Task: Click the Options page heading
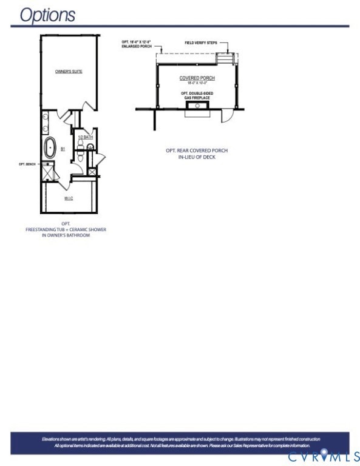47,15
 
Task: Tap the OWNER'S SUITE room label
69,72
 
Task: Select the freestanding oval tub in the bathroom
50,147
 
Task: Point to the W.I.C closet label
69,198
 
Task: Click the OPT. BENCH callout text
28,164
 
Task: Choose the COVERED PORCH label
197,78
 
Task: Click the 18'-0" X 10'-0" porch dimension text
197,83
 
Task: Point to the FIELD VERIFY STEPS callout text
200,42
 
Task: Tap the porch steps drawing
226,58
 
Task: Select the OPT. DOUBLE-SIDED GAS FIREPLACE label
197,96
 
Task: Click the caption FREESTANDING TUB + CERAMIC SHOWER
66,229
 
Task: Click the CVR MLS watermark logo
324,456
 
